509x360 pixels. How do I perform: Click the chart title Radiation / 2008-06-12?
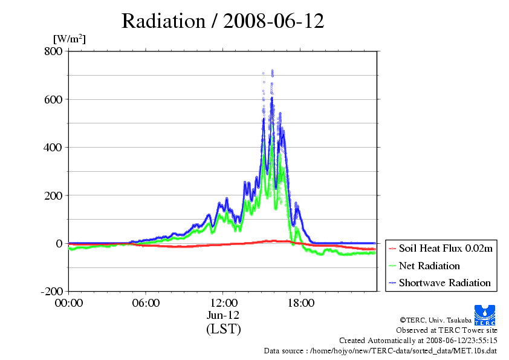(223, 21)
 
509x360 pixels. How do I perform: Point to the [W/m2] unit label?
(70, 39)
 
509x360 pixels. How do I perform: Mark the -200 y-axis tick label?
(51, 292)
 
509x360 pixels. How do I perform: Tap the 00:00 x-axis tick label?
(69, 303)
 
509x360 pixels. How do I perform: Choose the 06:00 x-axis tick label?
(146, 303)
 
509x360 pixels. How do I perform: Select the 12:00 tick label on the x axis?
(223, 303)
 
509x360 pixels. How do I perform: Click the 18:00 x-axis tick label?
(300, 303)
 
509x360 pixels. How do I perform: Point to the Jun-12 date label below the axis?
(223, 316)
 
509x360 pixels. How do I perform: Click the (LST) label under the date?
(223, 329)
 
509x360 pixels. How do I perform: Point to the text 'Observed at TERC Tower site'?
(447, 330)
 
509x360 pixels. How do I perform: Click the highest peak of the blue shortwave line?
(272, 97)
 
